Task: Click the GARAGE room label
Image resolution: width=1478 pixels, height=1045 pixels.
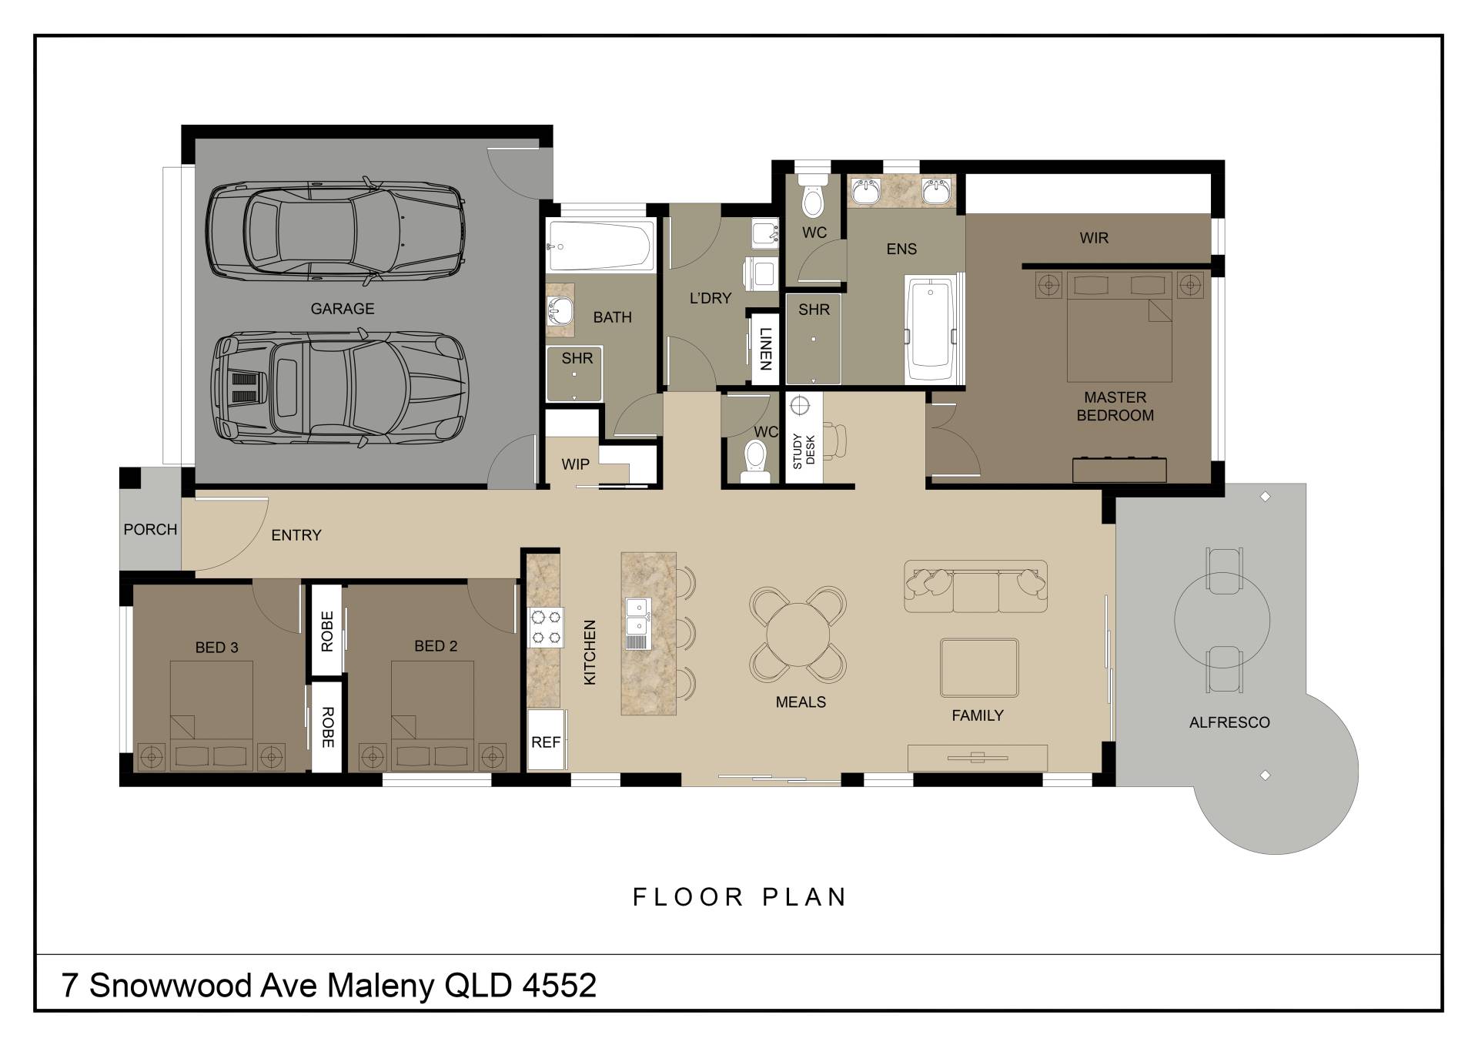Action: tap(343, 309)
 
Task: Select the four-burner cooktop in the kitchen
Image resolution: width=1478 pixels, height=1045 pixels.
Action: tap(546, 627)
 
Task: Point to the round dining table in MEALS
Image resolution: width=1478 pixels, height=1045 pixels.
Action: tap(798, 635)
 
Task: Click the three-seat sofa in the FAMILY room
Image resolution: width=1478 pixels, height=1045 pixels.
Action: tap(975, 586)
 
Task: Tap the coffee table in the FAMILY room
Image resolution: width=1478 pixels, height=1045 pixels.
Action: tap(979, 668)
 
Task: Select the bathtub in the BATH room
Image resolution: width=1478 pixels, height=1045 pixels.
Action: tap(601, 246)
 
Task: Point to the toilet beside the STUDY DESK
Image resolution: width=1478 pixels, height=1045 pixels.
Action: tap(755, 460)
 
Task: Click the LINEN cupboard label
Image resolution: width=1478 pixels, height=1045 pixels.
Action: tap(765, 349)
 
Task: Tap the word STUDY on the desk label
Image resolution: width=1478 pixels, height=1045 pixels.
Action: tap(798, 451)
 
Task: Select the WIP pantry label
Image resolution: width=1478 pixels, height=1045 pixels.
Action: tap(575, 464)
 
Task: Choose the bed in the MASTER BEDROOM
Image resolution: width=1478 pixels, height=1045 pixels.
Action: tap(1119, 327)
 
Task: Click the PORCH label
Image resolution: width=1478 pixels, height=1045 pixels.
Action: tap(150, 530)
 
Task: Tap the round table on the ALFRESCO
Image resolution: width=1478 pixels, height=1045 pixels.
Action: tap(1222, 619)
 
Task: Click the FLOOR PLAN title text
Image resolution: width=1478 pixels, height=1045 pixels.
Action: tap(740, 897)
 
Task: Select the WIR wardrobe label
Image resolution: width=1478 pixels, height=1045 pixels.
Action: tap(1094, 238)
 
